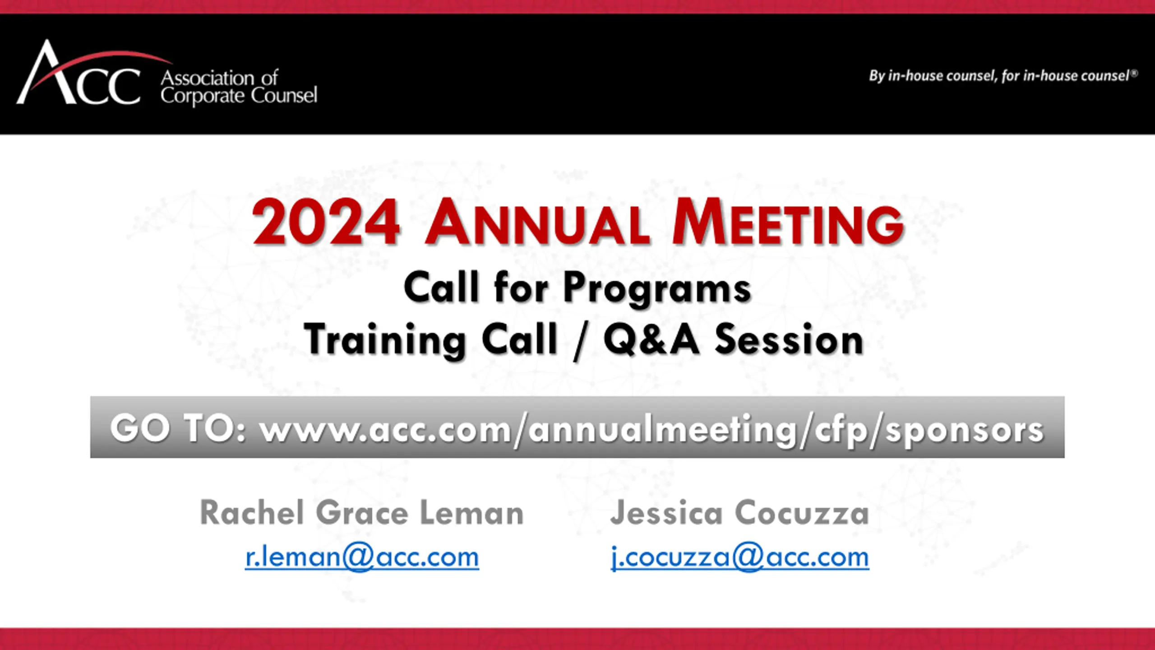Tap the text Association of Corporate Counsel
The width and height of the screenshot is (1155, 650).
click(x=239, y=88)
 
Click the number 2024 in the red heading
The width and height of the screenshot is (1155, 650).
click(x=326, y=223)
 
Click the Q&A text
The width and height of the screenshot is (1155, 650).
click(x=651, y=340)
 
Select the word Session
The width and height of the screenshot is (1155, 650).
click(x=789, y=339)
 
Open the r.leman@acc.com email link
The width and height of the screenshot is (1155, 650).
click(x=362, y=557)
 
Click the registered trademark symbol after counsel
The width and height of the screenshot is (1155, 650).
click(x=1134, y=72)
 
